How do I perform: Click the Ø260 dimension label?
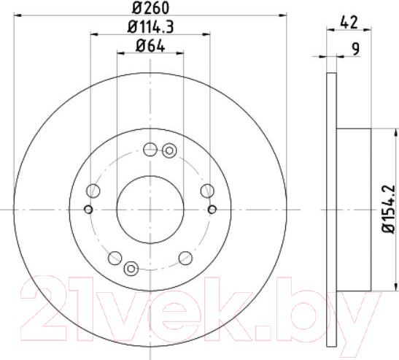[x=150, y=8]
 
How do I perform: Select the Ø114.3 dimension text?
[x=150, y=27]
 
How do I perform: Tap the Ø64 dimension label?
[x=150, y=46]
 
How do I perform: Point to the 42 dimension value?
[x=349, y=22]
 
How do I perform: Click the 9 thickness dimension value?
[x=355, y=50]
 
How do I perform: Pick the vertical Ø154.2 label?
[x=389, y=209]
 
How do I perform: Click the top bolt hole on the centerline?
[x=150, y=150]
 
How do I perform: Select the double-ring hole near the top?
[x=169, y=150]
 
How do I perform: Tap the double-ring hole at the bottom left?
[x=131, y=268]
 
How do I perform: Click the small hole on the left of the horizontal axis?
[x=88, y=210]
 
